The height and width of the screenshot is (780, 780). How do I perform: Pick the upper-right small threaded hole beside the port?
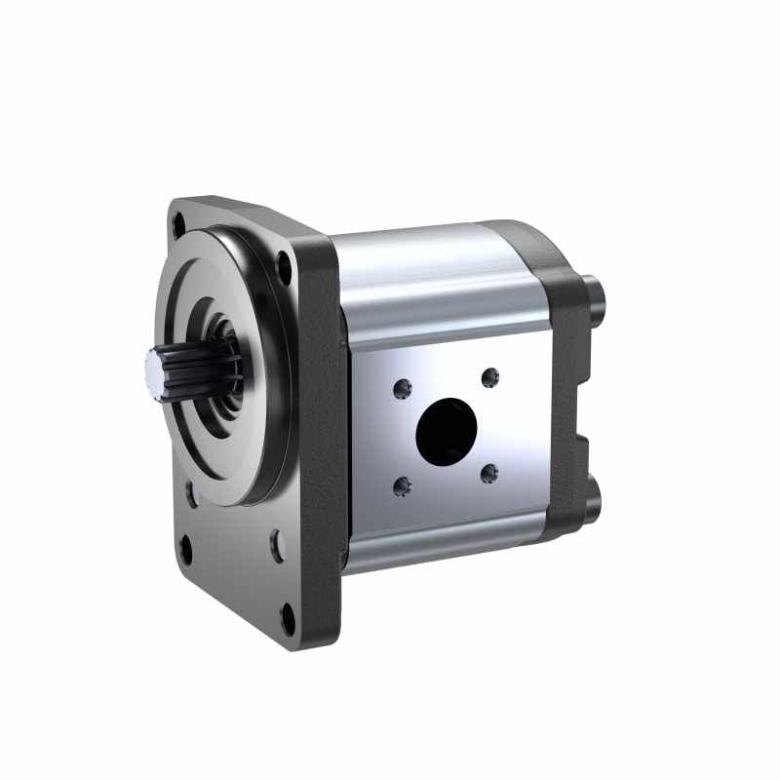(x=490, y=376)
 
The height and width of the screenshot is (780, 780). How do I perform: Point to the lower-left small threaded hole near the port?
(x=401, y=487)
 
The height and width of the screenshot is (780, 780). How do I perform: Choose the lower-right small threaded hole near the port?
(x=489, y=473)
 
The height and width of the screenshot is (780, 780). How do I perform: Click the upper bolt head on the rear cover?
(x=599, y=294)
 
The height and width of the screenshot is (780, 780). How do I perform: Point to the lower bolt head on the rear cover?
(x=596, y=499)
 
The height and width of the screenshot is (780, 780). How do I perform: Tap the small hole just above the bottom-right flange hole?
(x=277, y=546)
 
